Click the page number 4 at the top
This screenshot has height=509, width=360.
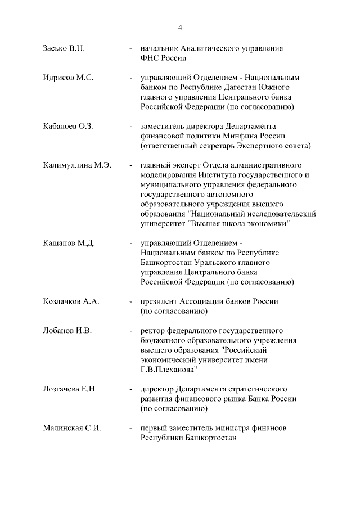[180, 28]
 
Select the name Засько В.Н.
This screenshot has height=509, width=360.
[64, 49]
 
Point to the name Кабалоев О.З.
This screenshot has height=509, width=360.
[67, 126]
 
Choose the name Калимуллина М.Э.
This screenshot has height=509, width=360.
[77, 165]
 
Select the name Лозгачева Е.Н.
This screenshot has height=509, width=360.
[70, 389]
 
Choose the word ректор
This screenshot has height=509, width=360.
[152, 331]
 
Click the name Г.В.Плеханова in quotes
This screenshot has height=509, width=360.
[169, 370]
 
